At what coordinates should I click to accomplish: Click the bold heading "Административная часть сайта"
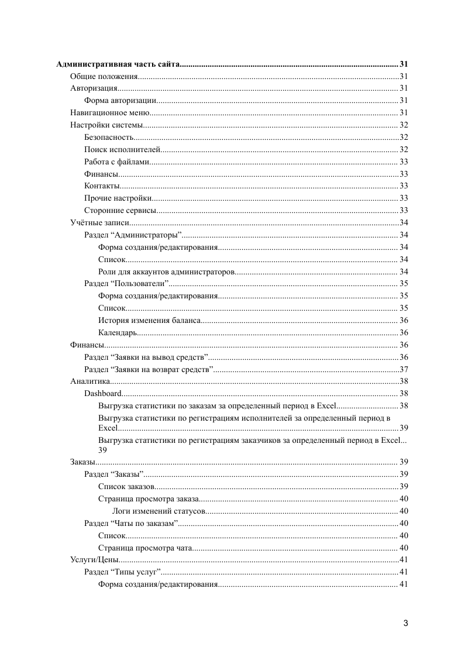point(118,64)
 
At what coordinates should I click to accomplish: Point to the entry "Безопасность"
point(109,137)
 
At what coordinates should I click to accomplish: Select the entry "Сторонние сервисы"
point(120,210)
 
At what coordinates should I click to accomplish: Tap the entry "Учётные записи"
point(99,222)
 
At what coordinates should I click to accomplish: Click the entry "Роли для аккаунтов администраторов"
point(167,271)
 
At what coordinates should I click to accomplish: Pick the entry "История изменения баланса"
point(150,320)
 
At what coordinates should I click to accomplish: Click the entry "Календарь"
point(118,332)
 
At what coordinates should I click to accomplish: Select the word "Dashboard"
point(103,393)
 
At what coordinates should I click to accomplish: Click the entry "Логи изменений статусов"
point(159,511)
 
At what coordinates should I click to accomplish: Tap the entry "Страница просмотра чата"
point(145,548)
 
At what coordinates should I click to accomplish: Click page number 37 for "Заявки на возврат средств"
point(404,369)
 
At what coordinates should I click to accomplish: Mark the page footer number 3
point(405,623)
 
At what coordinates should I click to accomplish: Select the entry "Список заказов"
point(126,486)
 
